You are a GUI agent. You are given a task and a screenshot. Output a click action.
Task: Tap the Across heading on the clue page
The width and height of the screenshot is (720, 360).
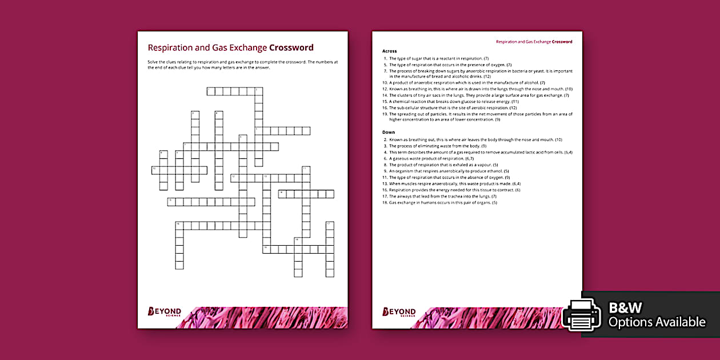[x=389, y=51]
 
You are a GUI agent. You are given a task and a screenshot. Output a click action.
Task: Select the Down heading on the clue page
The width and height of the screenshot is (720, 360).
[x=389, y=132]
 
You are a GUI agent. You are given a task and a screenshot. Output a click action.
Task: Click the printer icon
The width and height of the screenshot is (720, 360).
[x=581, y=314]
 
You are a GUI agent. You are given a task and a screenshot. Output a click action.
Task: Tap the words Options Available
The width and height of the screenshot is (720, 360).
[x=657, y=322]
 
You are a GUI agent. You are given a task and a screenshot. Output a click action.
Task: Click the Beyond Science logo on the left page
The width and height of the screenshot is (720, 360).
[x=165, y=312]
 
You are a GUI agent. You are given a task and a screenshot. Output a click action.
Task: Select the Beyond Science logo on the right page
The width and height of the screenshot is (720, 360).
[x=399, y=312]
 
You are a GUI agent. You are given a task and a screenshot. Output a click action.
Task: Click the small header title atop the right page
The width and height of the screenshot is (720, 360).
[x=534, y=42]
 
